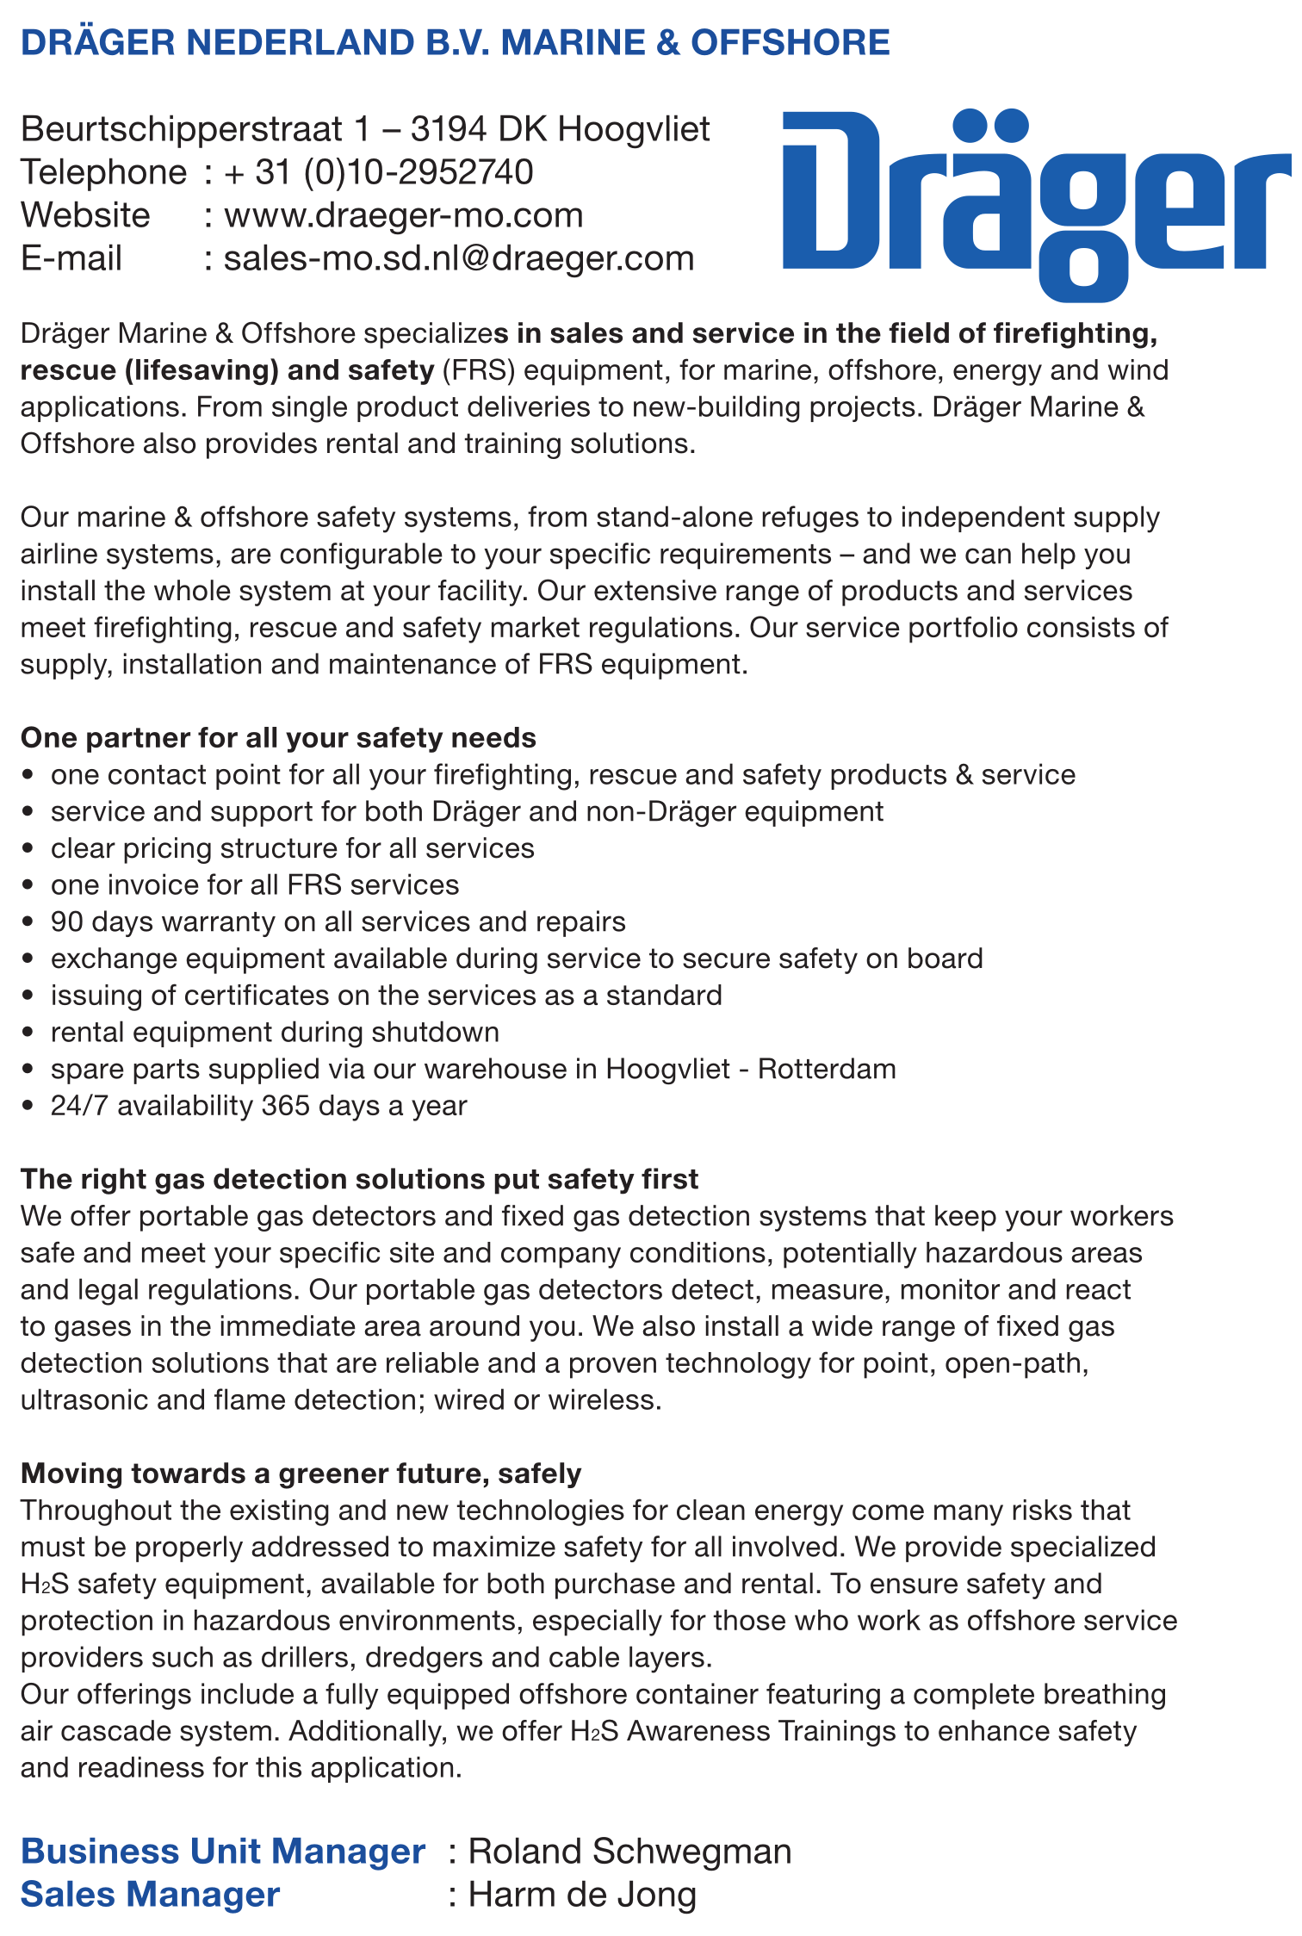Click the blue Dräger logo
tap(1033, 202)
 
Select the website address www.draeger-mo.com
tap(403, 215)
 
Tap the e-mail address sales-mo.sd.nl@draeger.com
tap(459, 258)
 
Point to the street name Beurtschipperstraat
tap(182, 129)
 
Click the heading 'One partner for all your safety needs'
tap(278, 738)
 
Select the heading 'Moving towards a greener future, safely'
tap(301, 1474)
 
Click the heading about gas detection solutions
tap(359, 1179)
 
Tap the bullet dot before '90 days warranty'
tap(29, 922)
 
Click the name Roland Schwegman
tap(629, 1852)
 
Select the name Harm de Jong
tap(582, 1895)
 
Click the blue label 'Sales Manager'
tap(150, 1895)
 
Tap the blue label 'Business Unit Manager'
tap(223, 1852)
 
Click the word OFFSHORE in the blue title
tap(790, 42)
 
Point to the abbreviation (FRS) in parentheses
tap(478, 370)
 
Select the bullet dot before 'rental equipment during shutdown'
tap(29, 1033)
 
